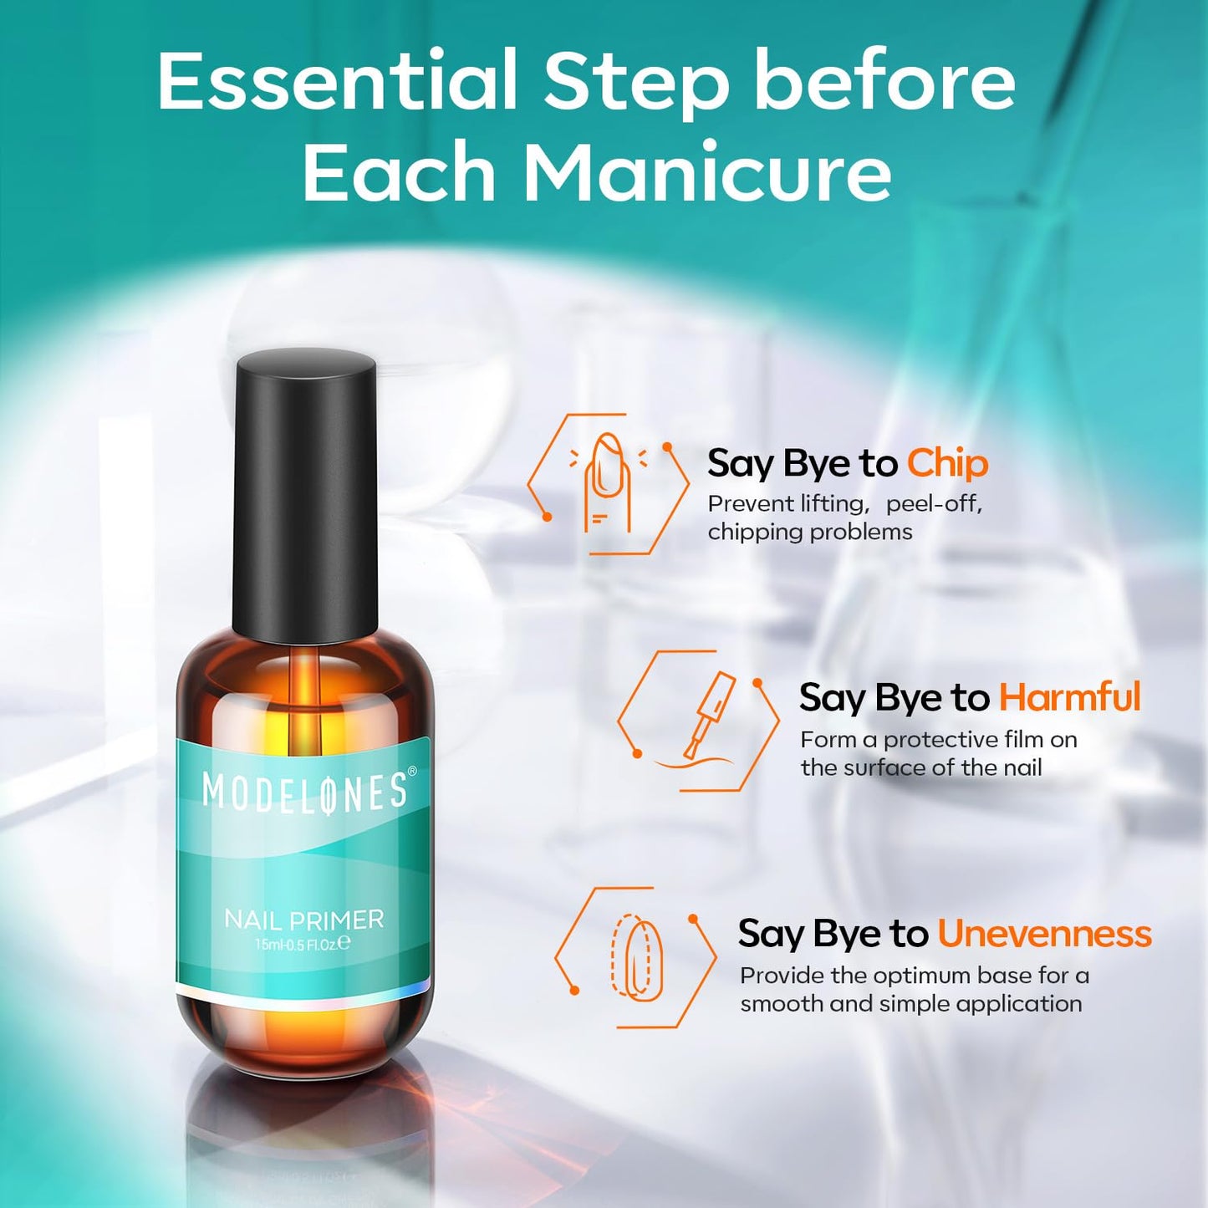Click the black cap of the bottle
pyautogui.click(x=305, y=493)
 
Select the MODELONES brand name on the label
pyautogui.click(x=303, y=793)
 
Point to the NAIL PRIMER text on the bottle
pyautogui.click(x=303, y=920)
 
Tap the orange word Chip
pyautogui.click(x=947, y=463)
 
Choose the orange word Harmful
pyautogui.click(x=1069, y=697)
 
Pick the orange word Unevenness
pyautogui.click(x=1044, y=934)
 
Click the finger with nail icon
pyautogui.click(x=607, y=483)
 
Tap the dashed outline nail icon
pyautogui.click(x=637, y=958)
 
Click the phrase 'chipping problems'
pyautogui.click(x=809, y=532)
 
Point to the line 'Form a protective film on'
pyautogui.click(x=938, y=740)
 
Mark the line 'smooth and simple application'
pyautogui.click(x=910, y=1003)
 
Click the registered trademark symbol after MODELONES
pyautogui.click(x=411, y=772)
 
